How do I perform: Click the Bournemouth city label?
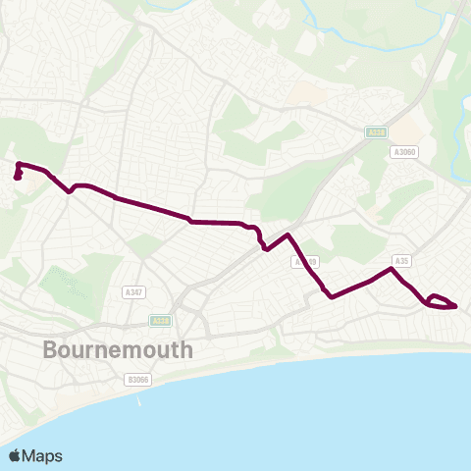pyautogui.click(x=118, y=350)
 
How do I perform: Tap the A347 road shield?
pyautogui.click(x=134, y=292)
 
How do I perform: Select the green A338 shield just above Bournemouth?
pyautogui.click(x=160, y=321)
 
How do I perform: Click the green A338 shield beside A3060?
pyautogui.click(x=376, y=131)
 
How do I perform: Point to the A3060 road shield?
pyautogui.click(x=404, y=152)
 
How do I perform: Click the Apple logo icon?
pyautogui.click(x=15, y=455)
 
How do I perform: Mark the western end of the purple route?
pyautogui.click(x=17, y=178)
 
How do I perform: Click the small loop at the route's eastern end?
pyautogui.click(x=441, y=301)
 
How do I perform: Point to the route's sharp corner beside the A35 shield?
pyautogui.click(x=392, y=268)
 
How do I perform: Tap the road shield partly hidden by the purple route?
pyautogui.click(x=306, y=262)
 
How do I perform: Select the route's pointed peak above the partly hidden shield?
pyautogui.click(x=288, y=235)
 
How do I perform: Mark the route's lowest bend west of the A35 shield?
pyautogui.click(x=332, y=296)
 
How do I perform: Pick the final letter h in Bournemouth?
pyautogui.click(x=186, y=350)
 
